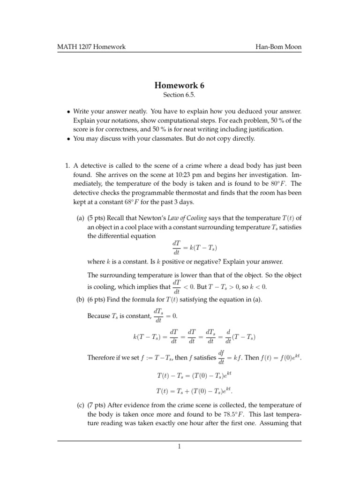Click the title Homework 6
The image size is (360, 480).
pos(180,86)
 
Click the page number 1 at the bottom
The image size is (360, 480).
pos(180,447)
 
